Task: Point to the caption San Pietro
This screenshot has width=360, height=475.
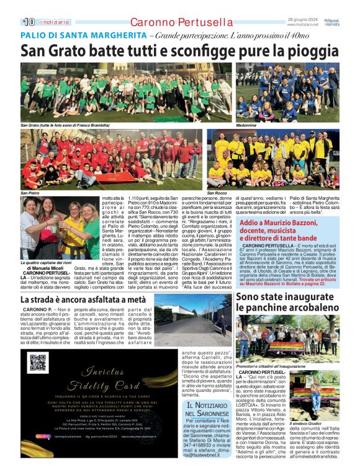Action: (x=30, y=193)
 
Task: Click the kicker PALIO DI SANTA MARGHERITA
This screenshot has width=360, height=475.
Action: (x=83, y=35)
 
